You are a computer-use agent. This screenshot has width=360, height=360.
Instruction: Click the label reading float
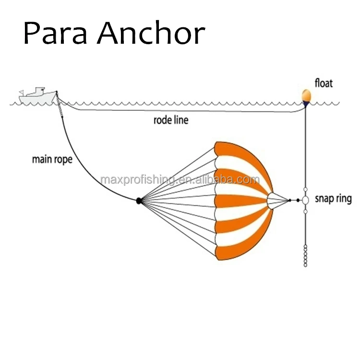point(324,83)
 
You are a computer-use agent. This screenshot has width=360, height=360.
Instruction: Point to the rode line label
point(171,120)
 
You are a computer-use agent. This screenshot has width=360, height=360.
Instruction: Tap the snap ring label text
point(333,198)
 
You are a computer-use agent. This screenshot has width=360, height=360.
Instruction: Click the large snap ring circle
point(305,200)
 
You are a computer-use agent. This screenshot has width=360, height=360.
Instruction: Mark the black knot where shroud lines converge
point(139,201)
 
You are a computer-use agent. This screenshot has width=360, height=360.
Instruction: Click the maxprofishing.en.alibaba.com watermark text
point(180,180)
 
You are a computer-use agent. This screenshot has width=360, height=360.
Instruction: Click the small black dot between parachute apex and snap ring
point(290,200)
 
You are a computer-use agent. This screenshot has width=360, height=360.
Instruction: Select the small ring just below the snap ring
point(305,212)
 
